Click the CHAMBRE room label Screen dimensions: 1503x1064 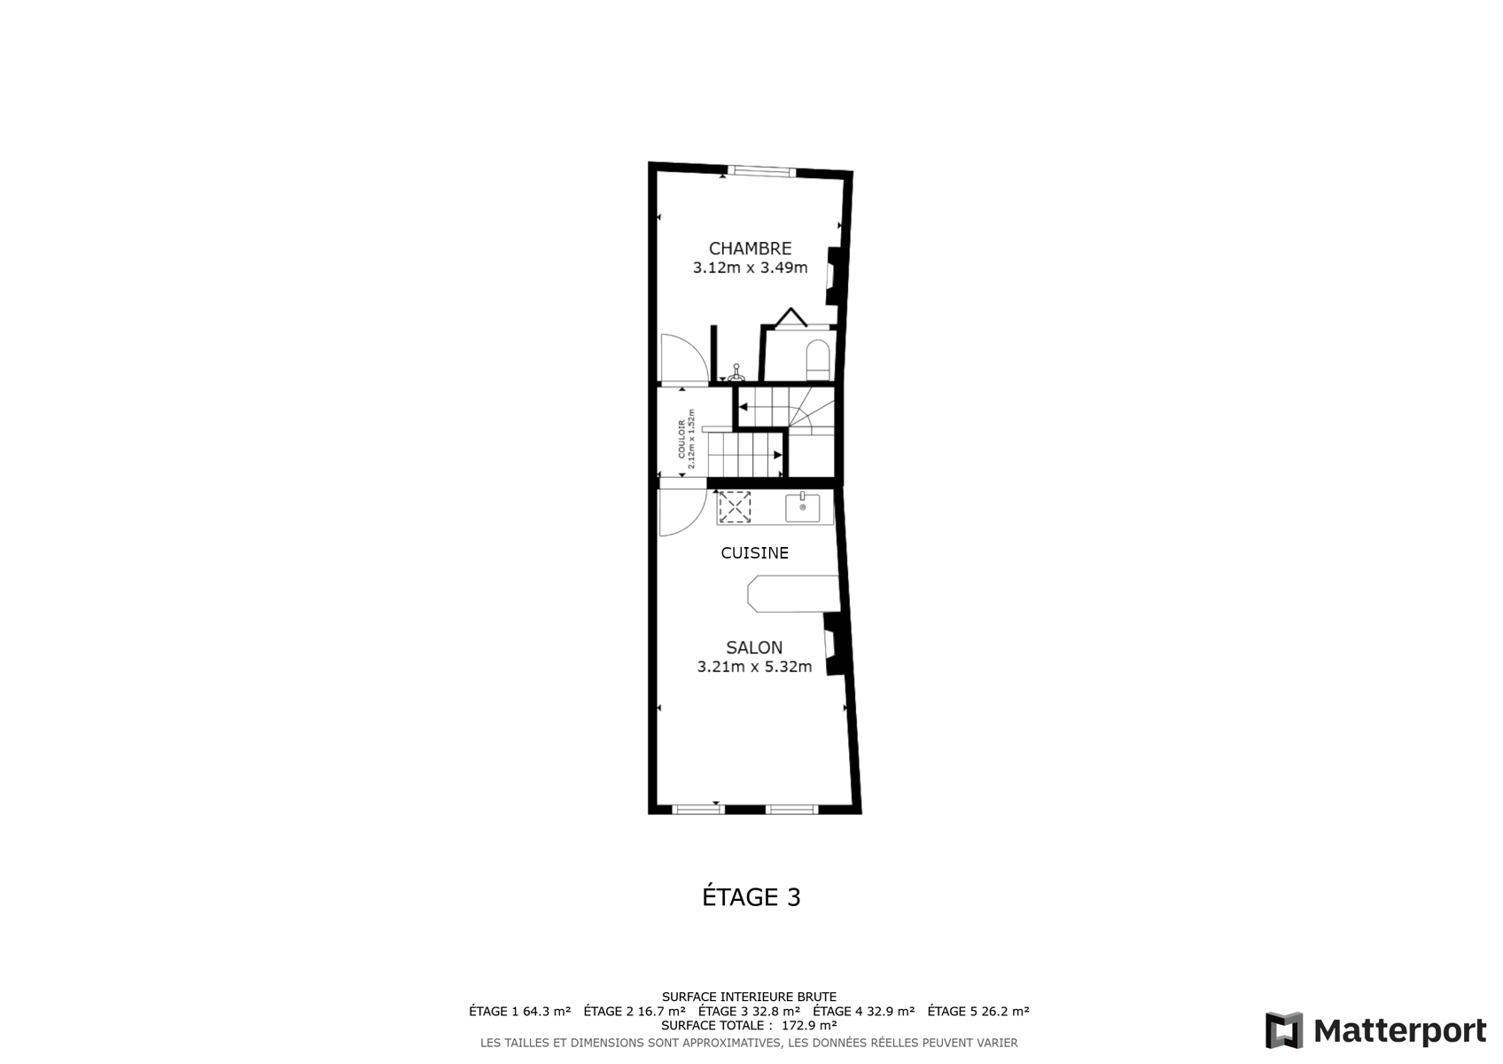tap(750, 248)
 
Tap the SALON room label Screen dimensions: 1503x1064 tap(754, 648)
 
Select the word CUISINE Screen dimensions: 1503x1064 tap(754, 552)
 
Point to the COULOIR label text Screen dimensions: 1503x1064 tap(681, 439)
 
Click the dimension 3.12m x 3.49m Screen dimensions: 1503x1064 tap(750, 268)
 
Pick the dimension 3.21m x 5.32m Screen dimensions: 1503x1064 tap(754, 667)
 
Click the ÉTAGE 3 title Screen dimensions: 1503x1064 tap(751, 896)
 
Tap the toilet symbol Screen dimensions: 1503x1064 tap(817, 360)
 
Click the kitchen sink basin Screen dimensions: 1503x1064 tap(803, 507)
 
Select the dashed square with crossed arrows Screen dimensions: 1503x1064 tap(735, 507)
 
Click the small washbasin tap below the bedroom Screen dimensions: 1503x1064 tap(736, 373)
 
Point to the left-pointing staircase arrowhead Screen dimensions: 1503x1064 tap(743, 407)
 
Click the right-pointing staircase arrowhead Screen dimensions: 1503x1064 tap(778, 455)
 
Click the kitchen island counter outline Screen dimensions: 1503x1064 tap(794, 594)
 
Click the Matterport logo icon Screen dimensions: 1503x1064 tap(1284, 1030)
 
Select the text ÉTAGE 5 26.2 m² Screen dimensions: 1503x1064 tap(978, 1011)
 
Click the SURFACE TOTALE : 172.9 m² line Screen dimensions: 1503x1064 tap(749, 1025)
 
